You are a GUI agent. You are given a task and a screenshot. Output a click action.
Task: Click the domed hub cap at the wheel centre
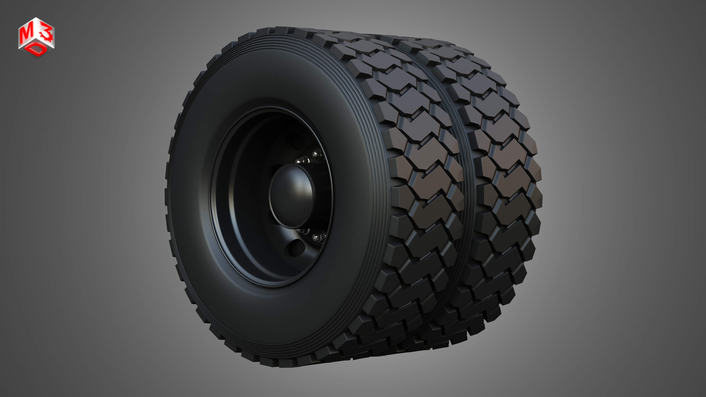point(291,196)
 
